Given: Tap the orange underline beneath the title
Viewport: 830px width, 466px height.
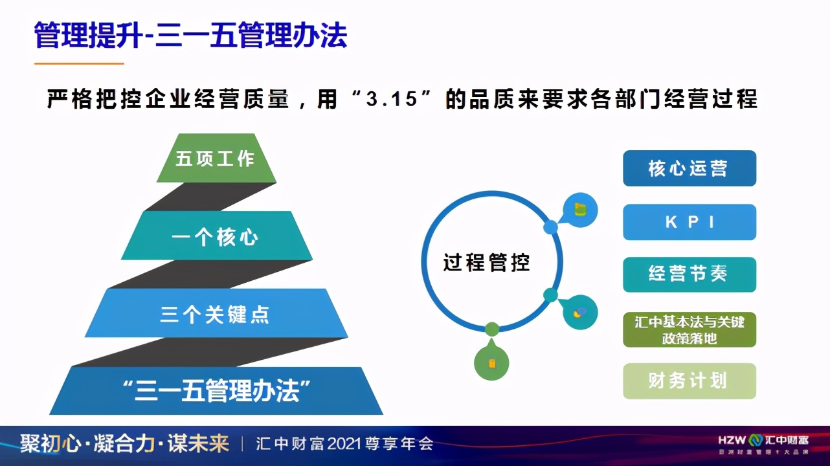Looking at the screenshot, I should point(78,63).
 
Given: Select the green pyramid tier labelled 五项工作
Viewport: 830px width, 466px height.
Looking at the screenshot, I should point(216,159).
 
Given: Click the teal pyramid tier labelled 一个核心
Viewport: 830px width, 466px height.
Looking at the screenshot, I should point(216,236).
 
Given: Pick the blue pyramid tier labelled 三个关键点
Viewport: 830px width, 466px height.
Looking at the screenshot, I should point(216,314).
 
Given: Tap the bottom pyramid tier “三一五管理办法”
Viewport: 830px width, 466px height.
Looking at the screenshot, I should point(216,391).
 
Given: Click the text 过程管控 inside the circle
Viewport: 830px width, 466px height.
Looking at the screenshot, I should point(486,263).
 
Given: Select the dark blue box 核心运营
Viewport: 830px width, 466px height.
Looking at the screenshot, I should point(689,168).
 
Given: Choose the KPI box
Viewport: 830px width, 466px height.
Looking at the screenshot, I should point(689,222).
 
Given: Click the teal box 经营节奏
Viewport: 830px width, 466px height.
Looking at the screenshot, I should point(689,274).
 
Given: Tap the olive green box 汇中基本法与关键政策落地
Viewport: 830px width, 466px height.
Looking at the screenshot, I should point(689,329).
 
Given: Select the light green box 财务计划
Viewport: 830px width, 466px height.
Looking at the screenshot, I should point(689,381).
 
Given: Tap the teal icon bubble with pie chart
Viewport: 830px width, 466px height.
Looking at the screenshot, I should point(579,312).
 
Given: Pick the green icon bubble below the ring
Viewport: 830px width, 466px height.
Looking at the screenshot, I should point(491,361).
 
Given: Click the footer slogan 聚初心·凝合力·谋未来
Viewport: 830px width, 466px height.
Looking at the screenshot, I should point(124,443).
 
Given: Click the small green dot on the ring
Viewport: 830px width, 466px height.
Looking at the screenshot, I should point(492,329).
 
